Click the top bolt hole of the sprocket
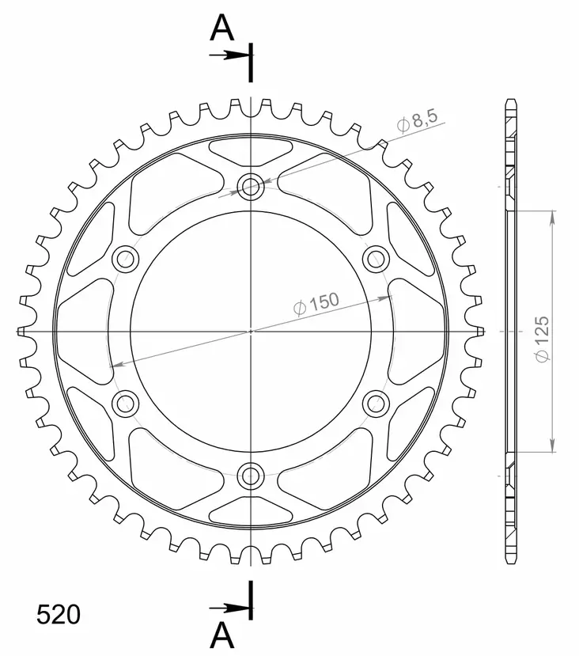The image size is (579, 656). pos(252,187)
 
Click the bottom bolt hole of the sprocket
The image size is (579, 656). pos(252,475)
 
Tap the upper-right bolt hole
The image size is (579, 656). pos(377,258)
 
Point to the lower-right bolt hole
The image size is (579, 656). pos(377,404)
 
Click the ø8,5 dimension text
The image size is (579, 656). pos(415,123)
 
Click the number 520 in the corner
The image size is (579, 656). pos(58,615)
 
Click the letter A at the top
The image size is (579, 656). pos(223,30)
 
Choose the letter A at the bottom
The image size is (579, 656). pos(223,633)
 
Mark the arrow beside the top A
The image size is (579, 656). pos(229,55)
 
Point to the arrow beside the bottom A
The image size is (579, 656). pos(229,608)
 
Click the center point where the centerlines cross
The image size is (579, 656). pos(252,331)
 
